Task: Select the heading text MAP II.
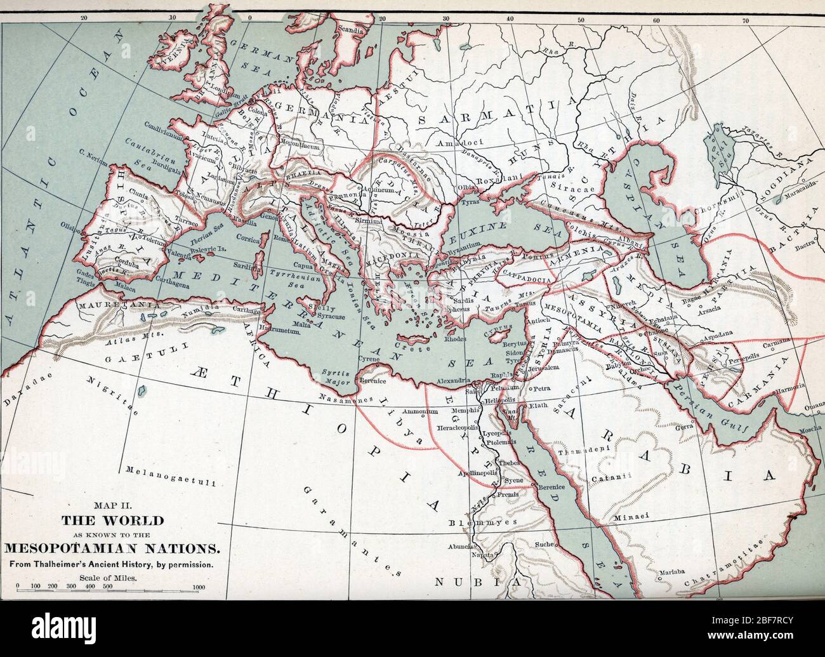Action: [x=112, y=506]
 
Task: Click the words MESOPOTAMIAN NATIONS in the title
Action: [x=112, y=547]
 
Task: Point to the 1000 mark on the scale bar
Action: [x=199, y=587]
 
